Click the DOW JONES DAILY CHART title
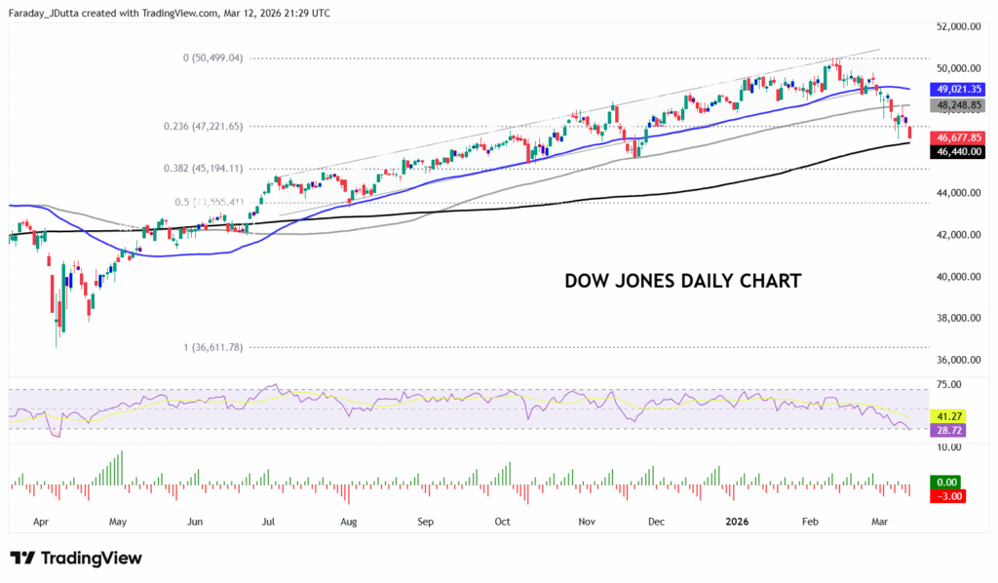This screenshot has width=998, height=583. [683, 281]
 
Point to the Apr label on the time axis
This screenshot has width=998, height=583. [41, 522]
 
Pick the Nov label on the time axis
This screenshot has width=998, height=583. [587, 522]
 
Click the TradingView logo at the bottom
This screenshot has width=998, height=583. [76, 559]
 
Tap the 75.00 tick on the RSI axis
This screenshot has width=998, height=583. [949, 385]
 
